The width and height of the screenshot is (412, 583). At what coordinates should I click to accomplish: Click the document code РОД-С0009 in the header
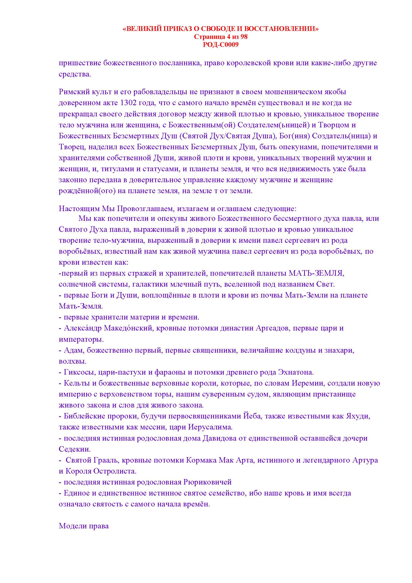point(221,45)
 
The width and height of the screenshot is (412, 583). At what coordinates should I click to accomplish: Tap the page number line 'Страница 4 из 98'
point(221,37)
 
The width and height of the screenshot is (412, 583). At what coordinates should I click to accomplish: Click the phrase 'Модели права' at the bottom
point(84,526)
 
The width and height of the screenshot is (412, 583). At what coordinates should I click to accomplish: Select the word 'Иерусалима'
point(210,427)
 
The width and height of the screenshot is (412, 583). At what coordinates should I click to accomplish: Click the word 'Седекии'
point(74,449)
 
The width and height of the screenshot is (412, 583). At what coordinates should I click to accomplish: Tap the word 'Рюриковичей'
point(207,482)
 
